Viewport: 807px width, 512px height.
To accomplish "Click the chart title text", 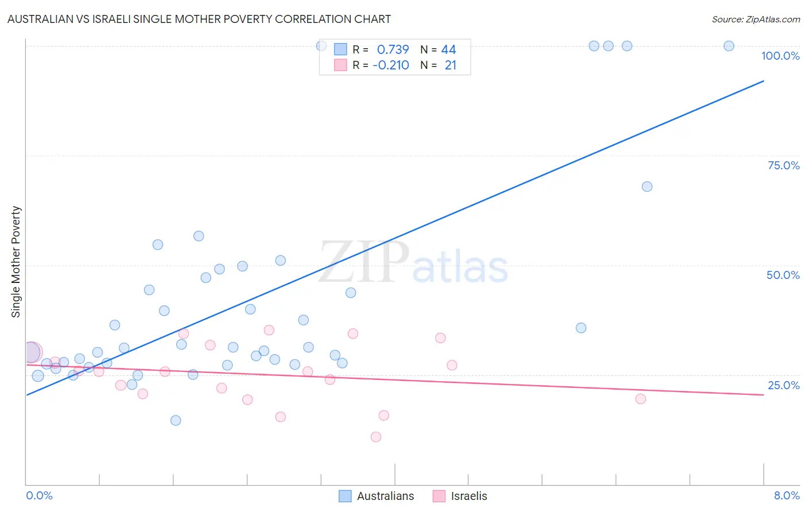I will (x=199, y=19).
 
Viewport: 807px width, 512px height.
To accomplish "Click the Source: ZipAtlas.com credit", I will (x=755, y=19).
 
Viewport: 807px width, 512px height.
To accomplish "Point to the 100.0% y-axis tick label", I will (x=780, y=56).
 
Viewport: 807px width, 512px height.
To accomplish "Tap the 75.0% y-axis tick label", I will (x=783, y=165).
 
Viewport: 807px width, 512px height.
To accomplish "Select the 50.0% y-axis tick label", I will (x=783, y=275).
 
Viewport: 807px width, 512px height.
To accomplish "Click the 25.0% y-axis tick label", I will (x=783, y=385).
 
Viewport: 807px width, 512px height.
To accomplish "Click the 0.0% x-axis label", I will (x=40, y=495).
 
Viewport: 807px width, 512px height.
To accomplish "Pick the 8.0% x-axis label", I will (x=786, y=495).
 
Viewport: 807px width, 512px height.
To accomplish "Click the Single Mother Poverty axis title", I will (x=16, y=262).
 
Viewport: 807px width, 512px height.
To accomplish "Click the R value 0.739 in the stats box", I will (x=393, y=50).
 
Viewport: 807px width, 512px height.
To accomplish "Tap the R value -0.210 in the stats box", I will (x=391, y=65).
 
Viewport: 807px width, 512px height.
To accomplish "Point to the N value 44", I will (x=448, y=50).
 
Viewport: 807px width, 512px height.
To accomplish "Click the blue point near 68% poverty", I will (x=647, y=187).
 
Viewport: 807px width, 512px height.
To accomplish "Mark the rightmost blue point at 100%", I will (x=729, y=46).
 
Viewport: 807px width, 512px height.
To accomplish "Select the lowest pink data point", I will (x=376, y=437).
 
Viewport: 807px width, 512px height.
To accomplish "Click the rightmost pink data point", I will (x=641, y=399).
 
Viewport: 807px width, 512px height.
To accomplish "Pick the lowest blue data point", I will (x=176, y=420).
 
